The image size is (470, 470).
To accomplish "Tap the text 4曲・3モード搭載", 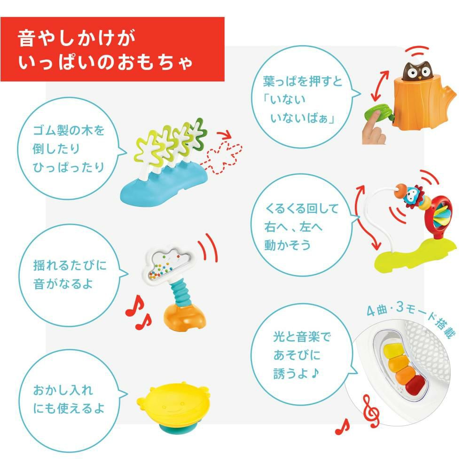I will pyautogui.click(x=414, y=320).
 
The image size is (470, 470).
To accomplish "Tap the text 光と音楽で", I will pyautogui.click(x=299, y=337).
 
